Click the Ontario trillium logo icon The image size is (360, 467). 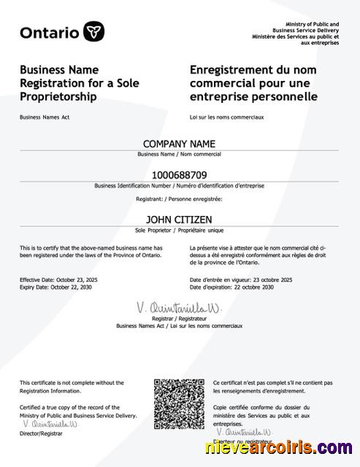(94, 31)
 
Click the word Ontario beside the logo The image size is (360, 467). (50, 32)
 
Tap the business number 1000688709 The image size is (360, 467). (180, 175)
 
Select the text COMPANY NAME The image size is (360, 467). (180, 144)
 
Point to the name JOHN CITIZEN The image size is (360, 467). (180, 218)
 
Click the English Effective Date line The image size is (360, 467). (55, 280)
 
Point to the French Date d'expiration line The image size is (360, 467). (231, 287)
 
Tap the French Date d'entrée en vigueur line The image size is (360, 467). (241, 280)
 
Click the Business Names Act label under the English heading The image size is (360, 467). (45, 117)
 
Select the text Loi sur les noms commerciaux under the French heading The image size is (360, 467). (226, 117)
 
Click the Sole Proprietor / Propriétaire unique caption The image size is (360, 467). (180, 229)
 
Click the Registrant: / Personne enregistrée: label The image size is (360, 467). (180, 198)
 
